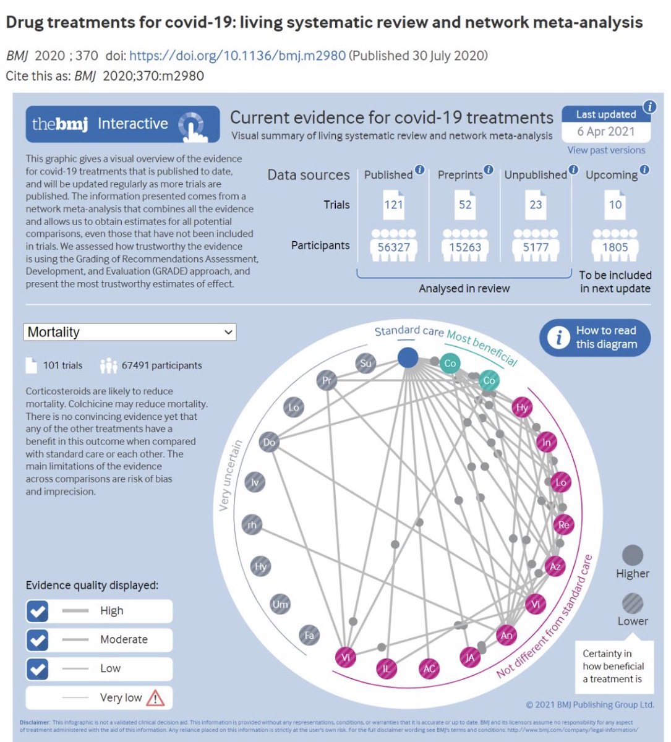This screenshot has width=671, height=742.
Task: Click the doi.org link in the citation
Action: coord(237,56)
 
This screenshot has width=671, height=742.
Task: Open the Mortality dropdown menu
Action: coord(130,332)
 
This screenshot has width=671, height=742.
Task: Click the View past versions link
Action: coord(606,150)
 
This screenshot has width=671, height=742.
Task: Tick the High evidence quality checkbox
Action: coord(38,611)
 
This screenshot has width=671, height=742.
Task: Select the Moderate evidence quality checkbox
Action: coord(38,640)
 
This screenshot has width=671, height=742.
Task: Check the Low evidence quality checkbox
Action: coord(38,668)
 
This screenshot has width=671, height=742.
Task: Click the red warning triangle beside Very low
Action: coord(155,698)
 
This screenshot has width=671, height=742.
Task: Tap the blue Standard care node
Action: coord(408,357)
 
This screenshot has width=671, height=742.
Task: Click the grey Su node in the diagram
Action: coord(366,363)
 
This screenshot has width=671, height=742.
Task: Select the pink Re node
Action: coord(563,525)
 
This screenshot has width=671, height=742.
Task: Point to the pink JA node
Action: coord(470,657)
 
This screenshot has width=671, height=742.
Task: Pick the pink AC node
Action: coord(428,668)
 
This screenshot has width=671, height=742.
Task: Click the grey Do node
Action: coord(269,442)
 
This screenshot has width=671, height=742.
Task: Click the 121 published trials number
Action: coord(393,205)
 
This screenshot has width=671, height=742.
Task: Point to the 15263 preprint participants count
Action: coord(465,247)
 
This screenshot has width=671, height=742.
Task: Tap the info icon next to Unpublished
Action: coord(573,169)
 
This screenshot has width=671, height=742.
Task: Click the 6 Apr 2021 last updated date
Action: coord(606,131)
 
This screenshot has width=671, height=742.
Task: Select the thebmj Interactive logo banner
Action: coord(122,124)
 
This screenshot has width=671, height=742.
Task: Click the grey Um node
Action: coord(280,604)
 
